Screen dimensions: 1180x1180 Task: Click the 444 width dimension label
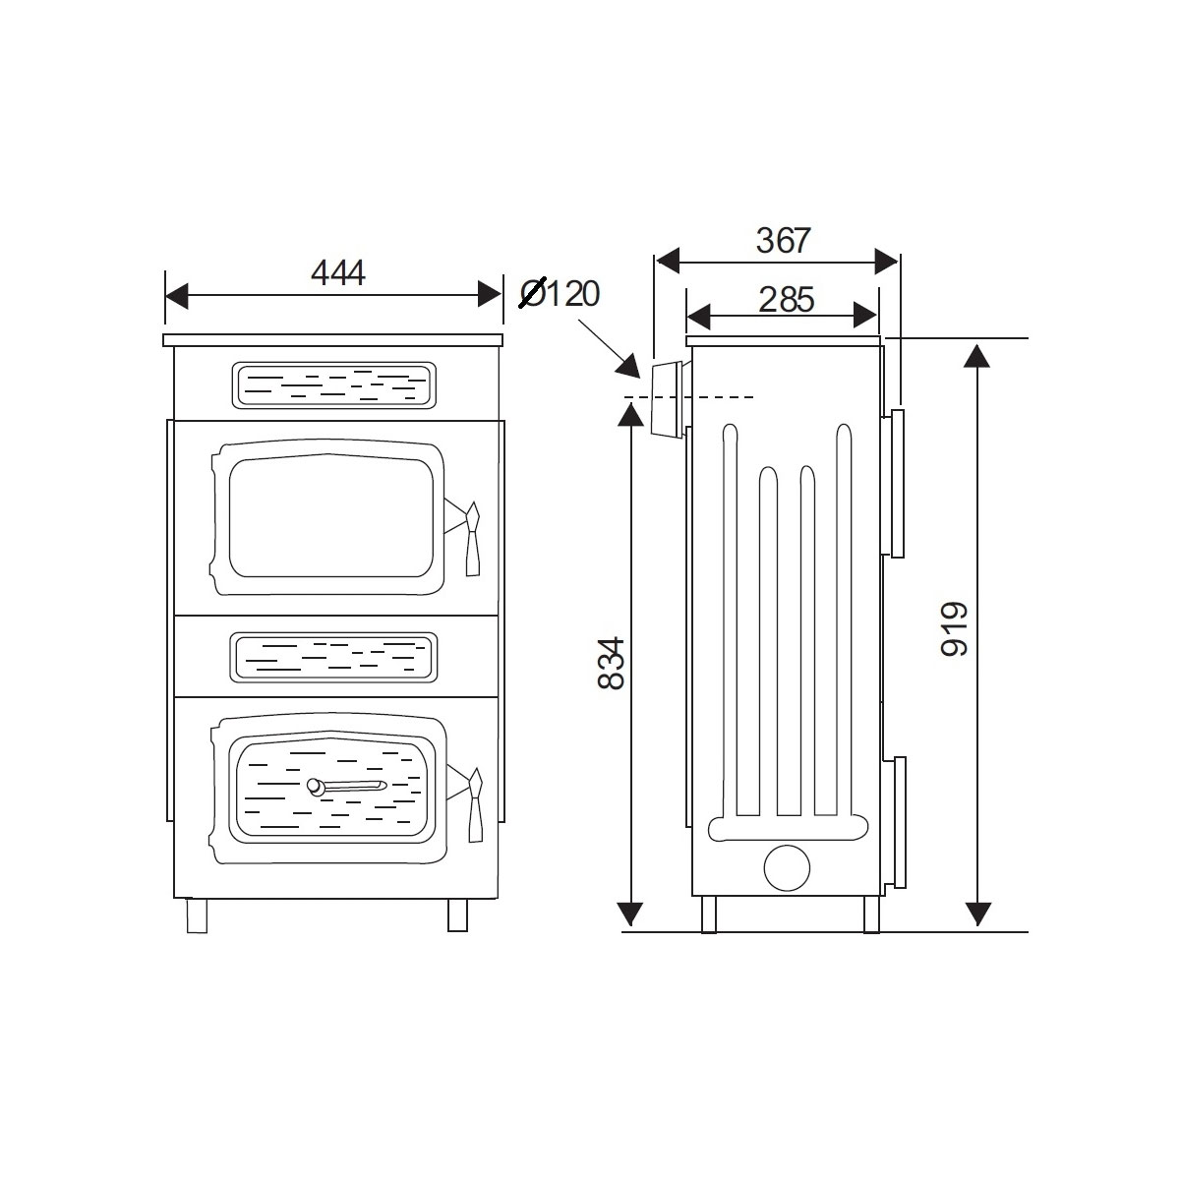338,273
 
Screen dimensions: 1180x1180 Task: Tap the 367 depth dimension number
783,241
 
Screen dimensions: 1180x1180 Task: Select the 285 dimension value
787,300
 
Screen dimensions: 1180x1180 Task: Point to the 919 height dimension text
954,629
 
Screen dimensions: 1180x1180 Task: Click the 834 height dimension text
610,663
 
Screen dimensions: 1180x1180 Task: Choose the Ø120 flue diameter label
560,294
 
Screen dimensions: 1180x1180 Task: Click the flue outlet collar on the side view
668,398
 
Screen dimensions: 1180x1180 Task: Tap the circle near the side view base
787,867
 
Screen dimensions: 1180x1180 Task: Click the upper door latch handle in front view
473,539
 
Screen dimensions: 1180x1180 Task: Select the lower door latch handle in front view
475,804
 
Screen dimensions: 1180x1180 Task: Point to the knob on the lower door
314,788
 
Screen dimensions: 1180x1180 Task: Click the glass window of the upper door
331,518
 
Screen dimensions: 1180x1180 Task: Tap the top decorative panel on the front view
334,385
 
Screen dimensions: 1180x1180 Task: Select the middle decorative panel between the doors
333,658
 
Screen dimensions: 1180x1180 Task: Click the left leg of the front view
197,915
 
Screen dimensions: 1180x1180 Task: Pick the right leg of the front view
457,915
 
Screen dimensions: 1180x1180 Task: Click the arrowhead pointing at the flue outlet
629,367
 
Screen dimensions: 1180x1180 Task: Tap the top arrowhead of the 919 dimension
976,356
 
